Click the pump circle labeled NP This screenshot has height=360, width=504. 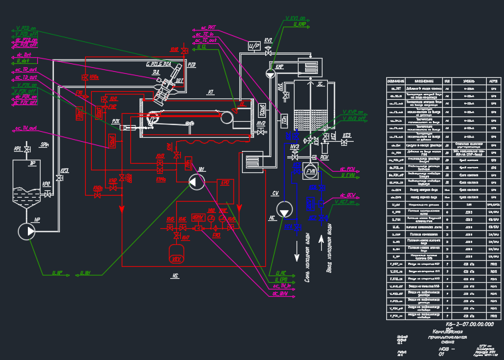tap(26, 231)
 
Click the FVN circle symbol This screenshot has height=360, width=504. tap(312, 172)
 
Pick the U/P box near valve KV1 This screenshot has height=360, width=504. tap(254, 45)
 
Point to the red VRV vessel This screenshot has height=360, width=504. tap(176, 253)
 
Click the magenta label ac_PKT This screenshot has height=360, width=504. tap(207, 28)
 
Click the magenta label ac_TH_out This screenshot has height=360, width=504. tap(25, 128)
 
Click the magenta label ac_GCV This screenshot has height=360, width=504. tap(348, 194)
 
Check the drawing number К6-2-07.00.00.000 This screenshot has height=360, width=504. tap(469, 324)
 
